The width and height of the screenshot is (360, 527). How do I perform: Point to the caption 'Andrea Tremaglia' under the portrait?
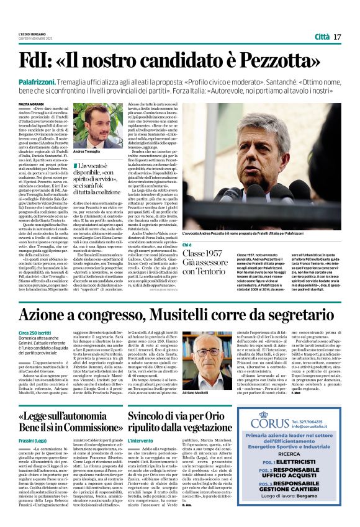click(87, 151)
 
